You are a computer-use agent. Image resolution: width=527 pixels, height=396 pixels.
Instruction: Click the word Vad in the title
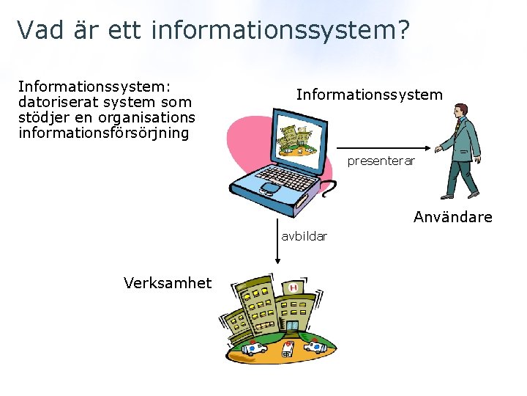[38, 30]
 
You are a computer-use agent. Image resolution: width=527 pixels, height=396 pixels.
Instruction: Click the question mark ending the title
[403, 30]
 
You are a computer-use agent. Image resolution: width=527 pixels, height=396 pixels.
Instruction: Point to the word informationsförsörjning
[103, 133]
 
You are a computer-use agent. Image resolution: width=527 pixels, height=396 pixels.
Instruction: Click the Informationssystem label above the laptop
[369, 95]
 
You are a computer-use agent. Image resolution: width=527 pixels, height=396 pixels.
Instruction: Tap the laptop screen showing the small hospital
[296, 139]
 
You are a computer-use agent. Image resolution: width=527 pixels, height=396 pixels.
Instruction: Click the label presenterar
[381, 161]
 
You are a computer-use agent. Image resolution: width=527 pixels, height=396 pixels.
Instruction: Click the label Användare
[452, 217]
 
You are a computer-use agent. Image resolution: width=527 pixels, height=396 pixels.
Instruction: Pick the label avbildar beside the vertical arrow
[304, 236]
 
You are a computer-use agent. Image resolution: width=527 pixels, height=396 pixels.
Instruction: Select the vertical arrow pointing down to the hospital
[277, 241]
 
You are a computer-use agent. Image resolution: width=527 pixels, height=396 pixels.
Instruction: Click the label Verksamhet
[168, 283]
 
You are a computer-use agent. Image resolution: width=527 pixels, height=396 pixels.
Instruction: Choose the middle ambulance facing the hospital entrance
[288, 348]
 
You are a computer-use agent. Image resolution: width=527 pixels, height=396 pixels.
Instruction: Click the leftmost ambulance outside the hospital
[255, 347]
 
